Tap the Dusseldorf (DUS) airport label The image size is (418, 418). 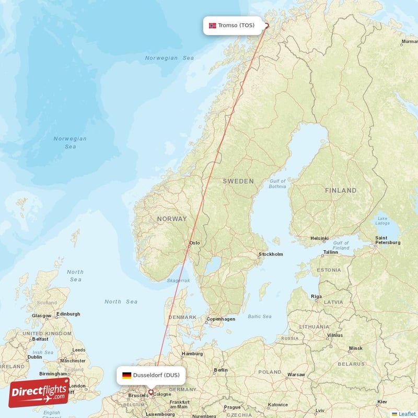click(156, 375)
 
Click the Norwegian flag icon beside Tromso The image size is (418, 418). click(213, 26)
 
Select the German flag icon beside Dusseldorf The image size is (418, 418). click(126, 375)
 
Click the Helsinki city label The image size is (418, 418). click(319, 238)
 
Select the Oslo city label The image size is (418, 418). click(194, 243)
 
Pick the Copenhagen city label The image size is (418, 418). click(220, 319)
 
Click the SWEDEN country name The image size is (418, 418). click(238, 181)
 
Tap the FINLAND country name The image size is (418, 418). click(341, 191)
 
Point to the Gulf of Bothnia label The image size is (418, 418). click(277, 184)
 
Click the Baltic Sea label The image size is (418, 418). click(260, 317)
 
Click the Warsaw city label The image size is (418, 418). click(296, 375)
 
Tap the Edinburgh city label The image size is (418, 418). click(68, 314)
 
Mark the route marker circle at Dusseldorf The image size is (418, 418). click(151, 392)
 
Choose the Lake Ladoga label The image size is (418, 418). click(383, 221)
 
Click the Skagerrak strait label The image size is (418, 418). click(178, 281)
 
